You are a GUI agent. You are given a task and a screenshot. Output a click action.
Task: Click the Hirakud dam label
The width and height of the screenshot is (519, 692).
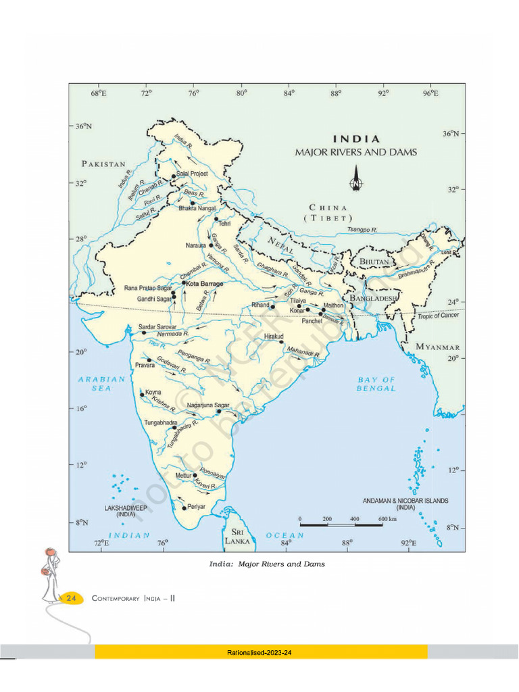(274, 335)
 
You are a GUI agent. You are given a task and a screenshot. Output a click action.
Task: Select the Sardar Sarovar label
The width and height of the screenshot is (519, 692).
(157, 326)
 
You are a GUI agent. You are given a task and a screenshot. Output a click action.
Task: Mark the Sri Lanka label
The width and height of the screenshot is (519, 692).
(237, 537)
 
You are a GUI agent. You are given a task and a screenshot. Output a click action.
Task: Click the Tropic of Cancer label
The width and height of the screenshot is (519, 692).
(439, 316)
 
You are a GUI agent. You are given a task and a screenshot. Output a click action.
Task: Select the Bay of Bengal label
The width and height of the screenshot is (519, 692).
(376, 384)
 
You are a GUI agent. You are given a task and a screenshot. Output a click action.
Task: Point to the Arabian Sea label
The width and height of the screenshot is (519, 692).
(102, 384)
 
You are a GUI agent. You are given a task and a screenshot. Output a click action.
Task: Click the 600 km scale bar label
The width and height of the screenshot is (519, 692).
(387, 518)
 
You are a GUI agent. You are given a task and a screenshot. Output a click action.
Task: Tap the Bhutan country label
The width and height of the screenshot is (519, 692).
(374, 261)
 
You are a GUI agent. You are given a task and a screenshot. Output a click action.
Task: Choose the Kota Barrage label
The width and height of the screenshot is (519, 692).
(204, 284)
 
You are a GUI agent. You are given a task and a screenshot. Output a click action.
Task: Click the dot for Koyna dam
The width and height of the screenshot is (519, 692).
(142, 395)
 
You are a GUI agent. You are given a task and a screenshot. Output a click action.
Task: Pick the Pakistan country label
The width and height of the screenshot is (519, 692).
(104, 164)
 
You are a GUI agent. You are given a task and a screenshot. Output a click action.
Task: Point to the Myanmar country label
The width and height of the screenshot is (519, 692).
(438, 347)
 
